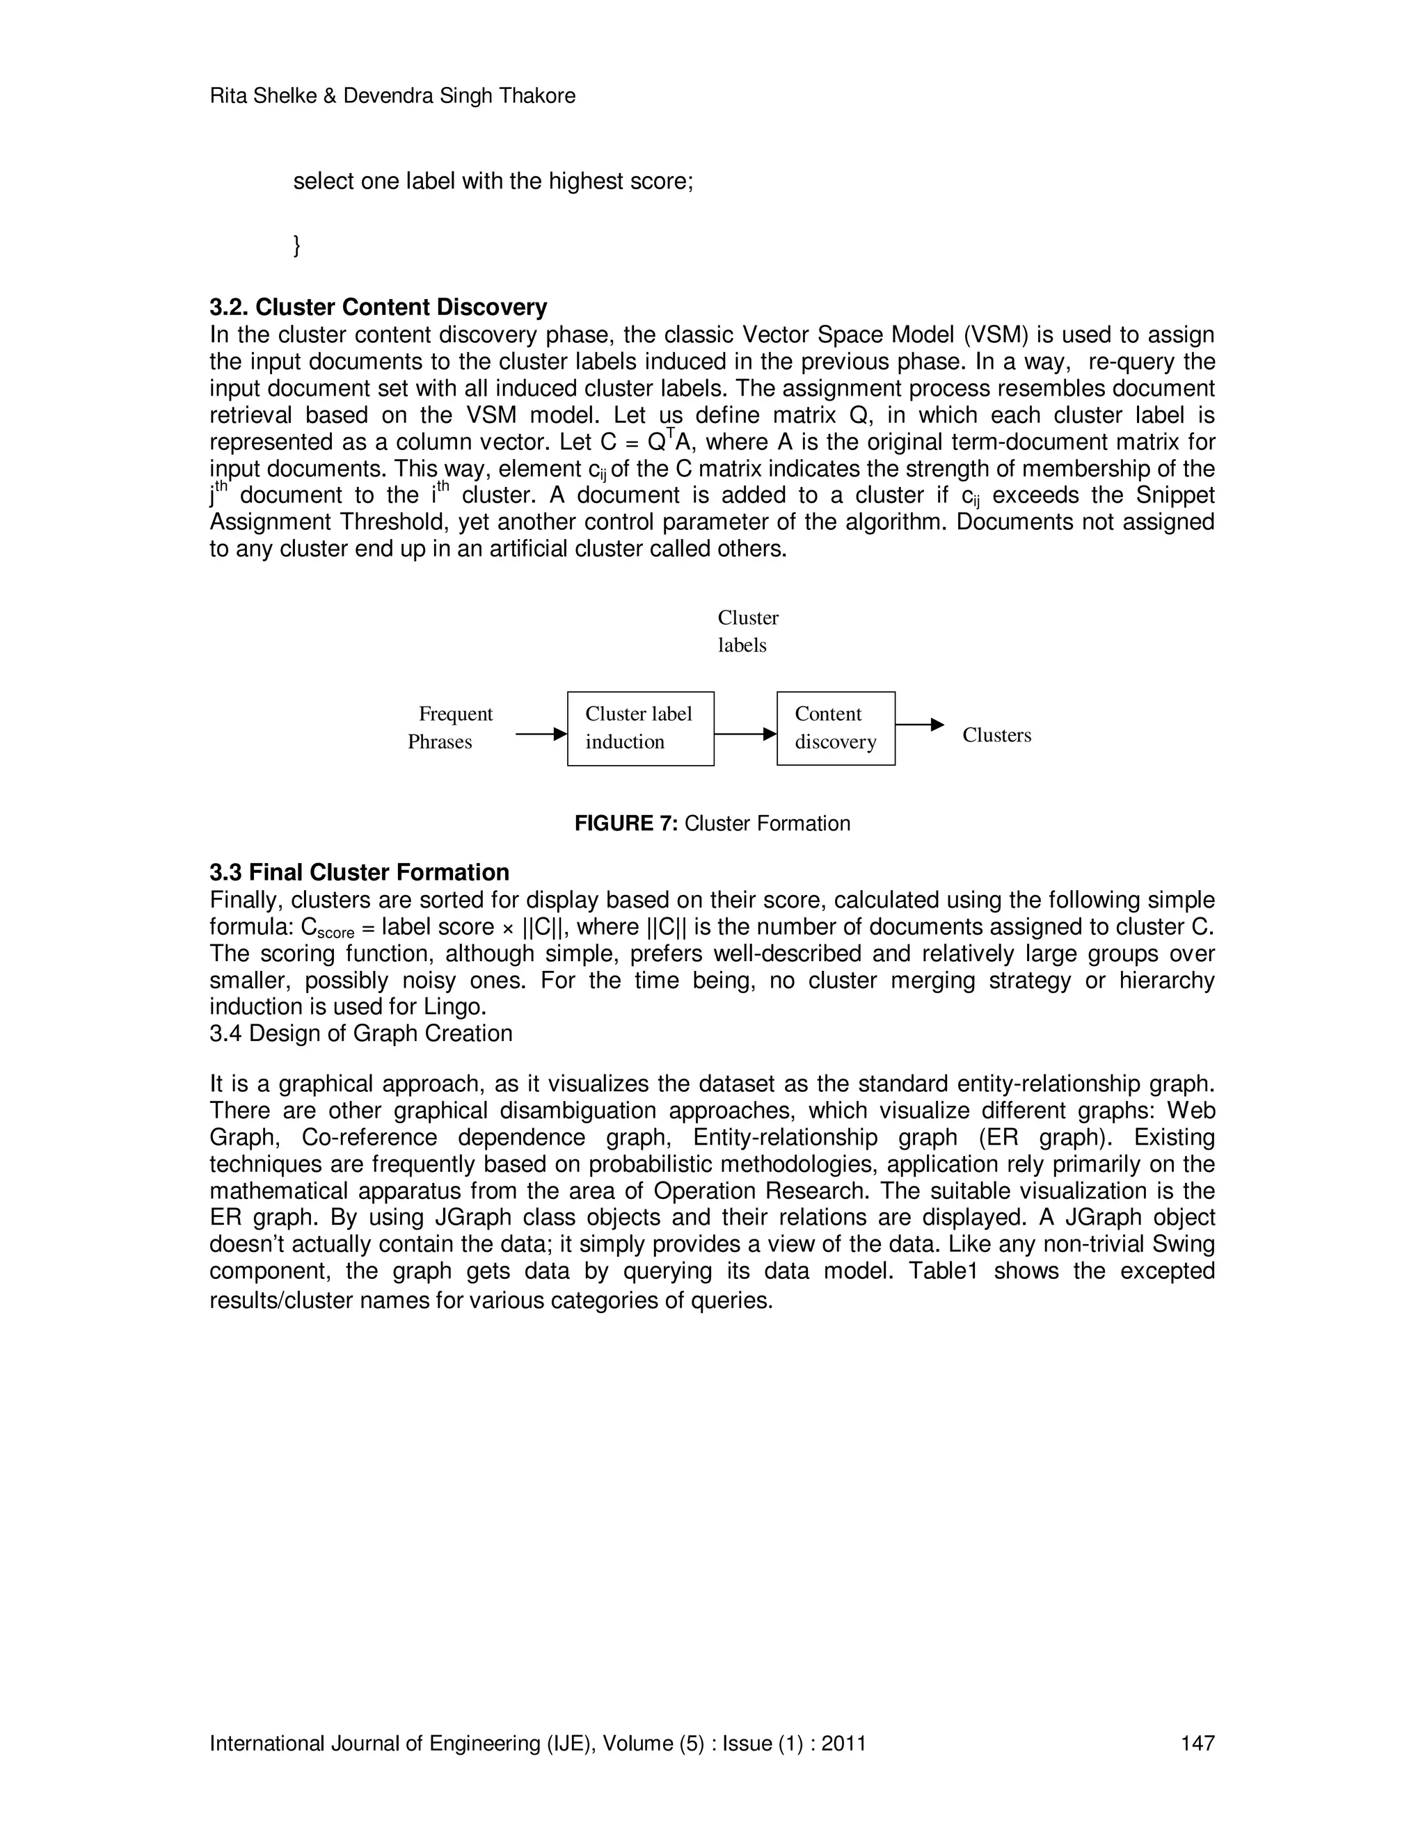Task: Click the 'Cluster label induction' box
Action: (x=640, y=728)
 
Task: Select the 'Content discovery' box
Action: (x=835, y=728)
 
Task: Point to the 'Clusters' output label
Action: (x=996, y=735)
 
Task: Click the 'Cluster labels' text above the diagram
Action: (x=747, y=631)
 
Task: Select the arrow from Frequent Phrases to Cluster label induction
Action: (x=540, y=734)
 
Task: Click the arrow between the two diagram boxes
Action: (x=745, y=734)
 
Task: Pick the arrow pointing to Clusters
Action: (x=918, y=724)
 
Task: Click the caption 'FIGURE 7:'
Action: (x=626, y=823)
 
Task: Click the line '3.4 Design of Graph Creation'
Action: (x=360, y=1033)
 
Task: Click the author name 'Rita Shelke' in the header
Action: (x=261, y=96)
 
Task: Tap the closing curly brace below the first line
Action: (x=296, y=246)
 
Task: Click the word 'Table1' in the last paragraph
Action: (x=942, y=1271)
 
